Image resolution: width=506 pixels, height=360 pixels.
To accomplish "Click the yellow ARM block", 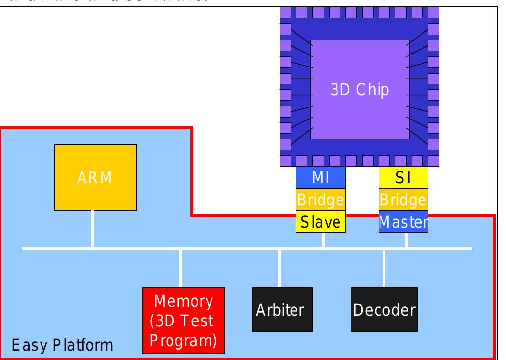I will [95, 177].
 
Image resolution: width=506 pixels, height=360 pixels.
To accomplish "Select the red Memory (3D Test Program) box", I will [183, 320].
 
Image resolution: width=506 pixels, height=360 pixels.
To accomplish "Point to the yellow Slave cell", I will [321, 222].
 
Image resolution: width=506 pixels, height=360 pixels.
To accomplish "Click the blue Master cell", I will [403, 222].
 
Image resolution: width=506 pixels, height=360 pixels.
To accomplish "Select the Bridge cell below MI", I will [321, 200].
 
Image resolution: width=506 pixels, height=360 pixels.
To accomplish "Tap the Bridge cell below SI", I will [403, 200].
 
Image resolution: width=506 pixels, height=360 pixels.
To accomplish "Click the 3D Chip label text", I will [359, 90].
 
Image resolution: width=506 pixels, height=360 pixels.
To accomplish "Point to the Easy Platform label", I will [62, 344].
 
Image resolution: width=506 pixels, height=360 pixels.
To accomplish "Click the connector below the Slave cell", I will [323, 240].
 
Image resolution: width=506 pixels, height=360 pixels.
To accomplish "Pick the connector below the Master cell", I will [406, 240].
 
